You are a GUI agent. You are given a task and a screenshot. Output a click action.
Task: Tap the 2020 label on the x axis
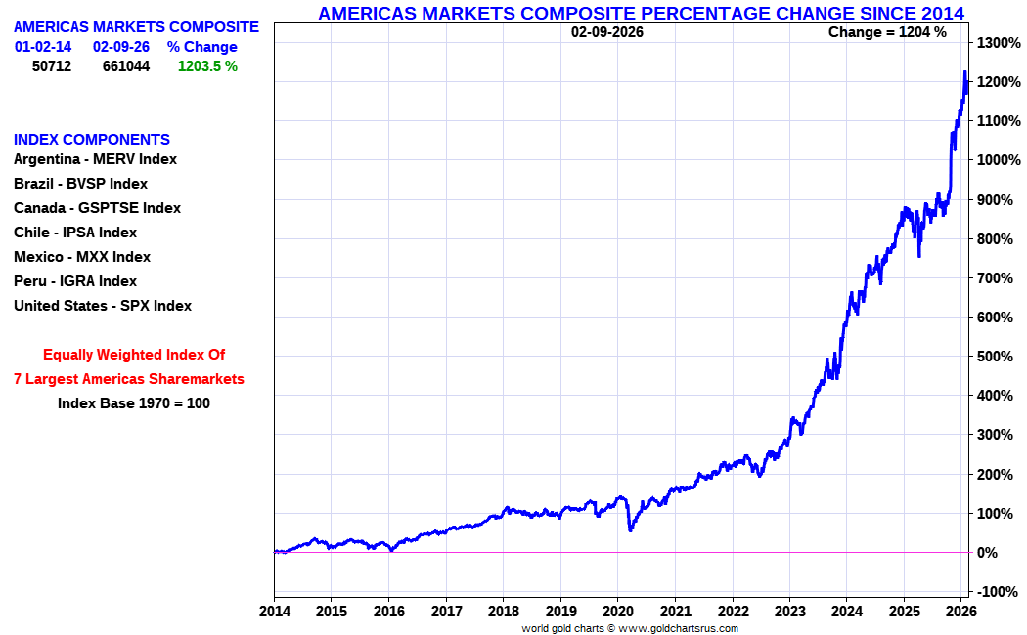(x=617, y=613)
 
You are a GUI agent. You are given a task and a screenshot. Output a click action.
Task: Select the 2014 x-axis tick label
(x=274, y=613)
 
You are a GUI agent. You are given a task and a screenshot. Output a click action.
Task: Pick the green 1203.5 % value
(x=207, y=66)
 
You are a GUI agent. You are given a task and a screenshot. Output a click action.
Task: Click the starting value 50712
(x=52, y=66)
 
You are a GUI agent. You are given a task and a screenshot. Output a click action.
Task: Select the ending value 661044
(x=126, y=66)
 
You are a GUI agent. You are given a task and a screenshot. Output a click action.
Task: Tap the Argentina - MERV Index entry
(x=95, y=159)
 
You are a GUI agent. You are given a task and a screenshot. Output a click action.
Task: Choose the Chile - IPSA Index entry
(x=75, y=233)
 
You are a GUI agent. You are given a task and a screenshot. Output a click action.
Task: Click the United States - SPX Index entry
(x=103, y=306)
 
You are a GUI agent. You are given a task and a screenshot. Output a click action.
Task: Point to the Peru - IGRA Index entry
(x=75, y=281)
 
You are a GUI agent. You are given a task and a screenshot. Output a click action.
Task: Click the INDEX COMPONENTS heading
(x=92, y=140)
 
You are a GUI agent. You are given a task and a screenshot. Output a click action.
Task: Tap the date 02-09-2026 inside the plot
(x=607, y=32)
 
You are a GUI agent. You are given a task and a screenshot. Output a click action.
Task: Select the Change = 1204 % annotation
(x=887, y=32)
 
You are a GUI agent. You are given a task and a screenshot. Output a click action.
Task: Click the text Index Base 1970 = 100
(x=134, y=402)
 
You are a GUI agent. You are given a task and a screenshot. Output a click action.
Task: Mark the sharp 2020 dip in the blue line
(x=630, y=529)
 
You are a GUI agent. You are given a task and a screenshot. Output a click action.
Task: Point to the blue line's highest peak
(x=964, y=72)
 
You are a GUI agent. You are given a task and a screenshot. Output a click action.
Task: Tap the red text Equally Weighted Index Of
(x=134, y=355)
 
